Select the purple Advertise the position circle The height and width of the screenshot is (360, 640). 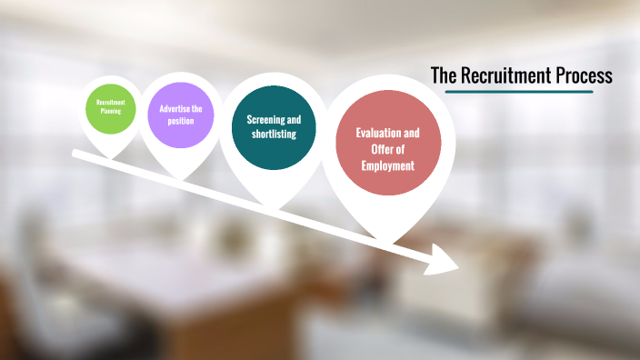[x=180, y=115]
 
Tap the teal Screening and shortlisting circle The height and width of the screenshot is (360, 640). [x=274, y=127]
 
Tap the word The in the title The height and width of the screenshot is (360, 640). [x=443, y=76]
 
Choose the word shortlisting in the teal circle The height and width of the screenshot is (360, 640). [x=274, y=135]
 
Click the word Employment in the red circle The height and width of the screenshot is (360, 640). [x=387, y=165]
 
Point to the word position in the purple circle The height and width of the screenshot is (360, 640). [x=180, y=121]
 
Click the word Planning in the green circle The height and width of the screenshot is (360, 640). [x=110, y=113]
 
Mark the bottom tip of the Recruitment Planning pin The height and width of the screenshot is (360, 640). [x=111, y=157]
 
